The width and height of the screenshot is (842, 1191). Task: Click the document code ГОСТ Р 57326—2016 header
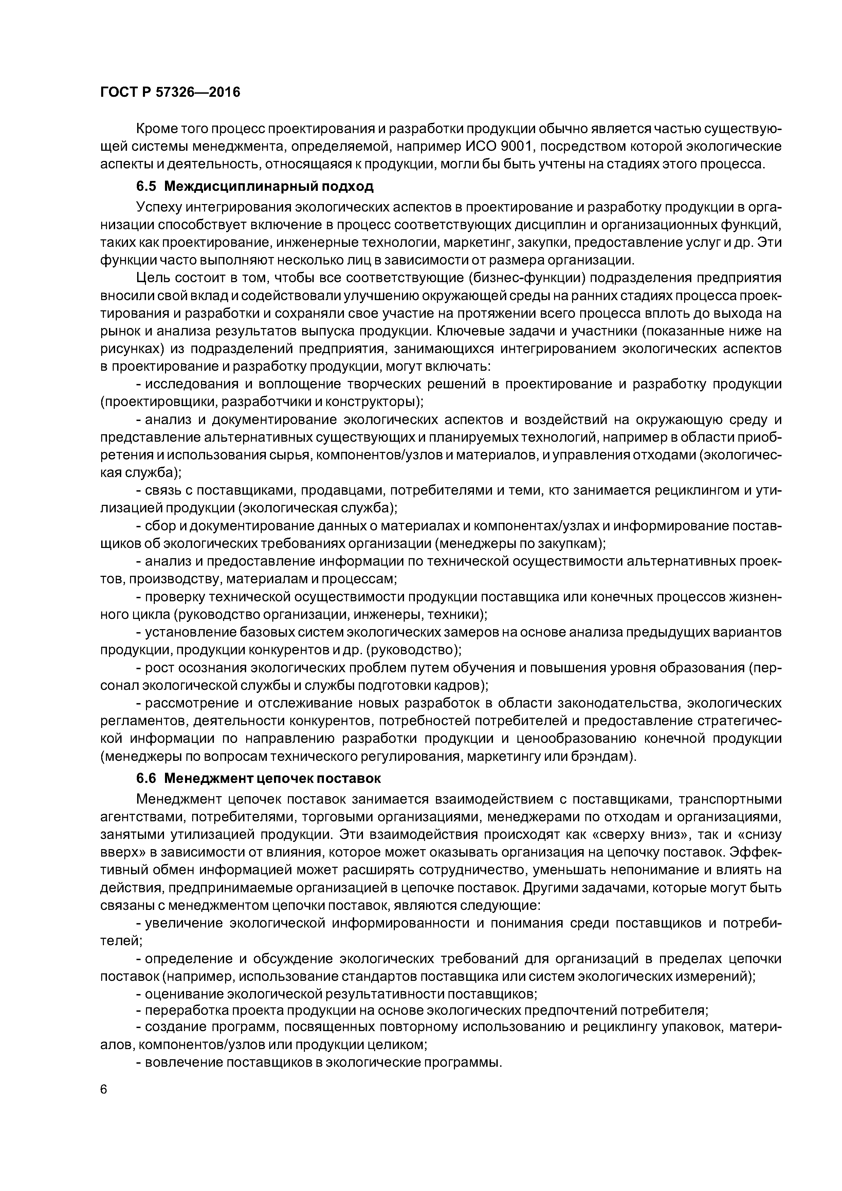[170, 92]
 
